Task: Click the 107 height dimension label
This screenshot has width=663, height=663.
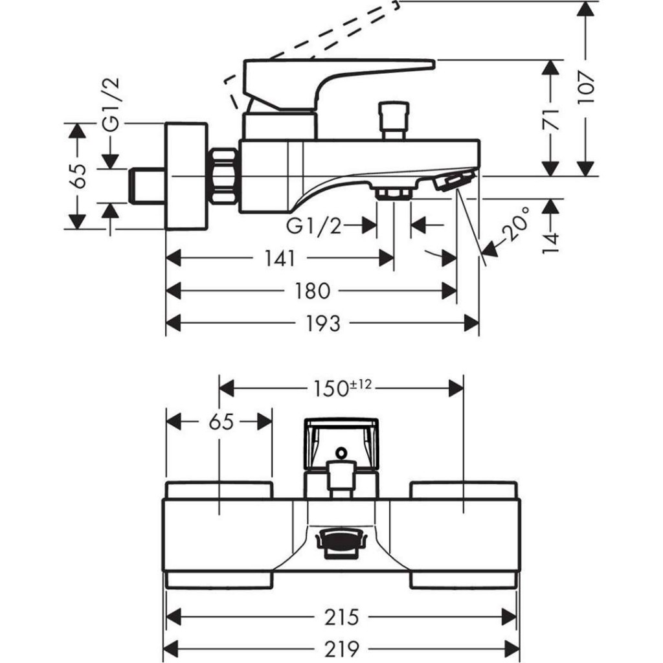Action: (x=586, y=87)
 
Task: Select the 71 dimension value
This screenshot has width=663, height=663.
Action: (x=551, y=118)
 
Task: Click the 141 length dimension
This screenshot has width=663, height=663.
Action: (x=279, y=258)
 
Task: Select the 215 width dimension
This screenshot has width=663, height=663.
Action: (x=343, y=617)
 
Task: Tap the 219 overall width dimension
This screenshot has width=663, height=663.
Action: (x=343, y=647)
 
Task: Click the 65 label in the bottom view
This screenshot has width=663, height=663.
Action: (x=220, y=422)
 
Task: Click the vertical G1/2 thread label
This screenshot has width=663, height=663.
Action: (x=112, y=107)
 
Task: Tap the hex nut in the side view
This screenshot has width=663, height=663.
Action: (x=223, y=176)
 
